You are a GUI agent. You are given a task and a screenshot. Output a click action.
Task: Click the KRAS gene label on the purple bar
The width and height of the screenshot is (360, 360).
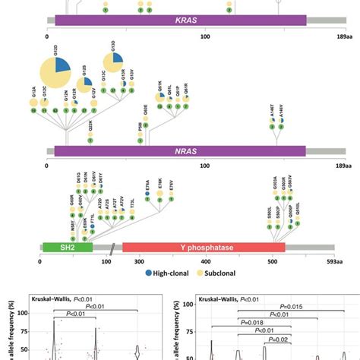[x=177, y=21]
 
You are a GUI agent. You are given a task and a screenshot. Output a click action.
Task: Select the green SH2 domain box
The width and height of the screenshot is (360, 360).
[x=68, y=248]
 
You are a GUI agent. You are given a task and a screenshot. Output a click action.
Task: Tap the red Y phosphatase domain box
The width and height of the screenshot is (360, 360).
[x=203, y=248]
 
